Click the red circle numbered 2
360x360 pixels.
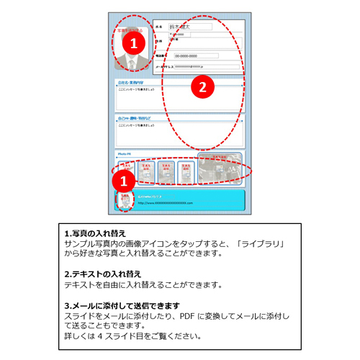(x=202, y=87)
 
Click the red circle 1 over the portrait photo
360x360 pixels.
(x=131, y=43)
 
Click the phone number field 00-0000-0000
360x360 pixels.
(x=196, y=55)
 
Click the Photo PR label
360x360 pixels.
(x=123, y=154)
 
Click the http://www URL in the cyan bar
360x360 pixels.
(x=166, y=204)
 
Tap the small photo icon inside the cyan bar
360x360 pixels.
(x=124, y=200)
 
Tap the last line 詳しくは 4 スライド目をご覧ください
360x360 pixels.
(x=132, y=336)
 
